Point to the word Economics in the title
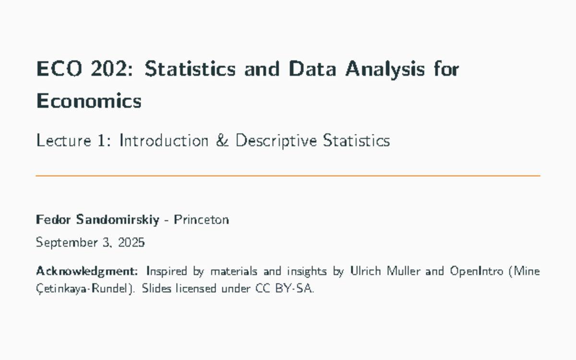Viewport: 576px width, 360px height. (89, 101)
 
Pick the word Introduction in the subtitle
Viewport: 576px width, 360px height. (164, 141)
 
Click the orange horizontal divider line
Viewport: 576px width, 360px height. (288, 176)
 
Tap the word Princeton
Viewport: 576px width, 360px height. (201, 220)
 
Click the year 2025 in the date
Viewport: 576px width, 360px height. (131, 242)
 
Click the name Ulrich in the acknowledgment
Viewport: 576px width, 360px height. (363, 271)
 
